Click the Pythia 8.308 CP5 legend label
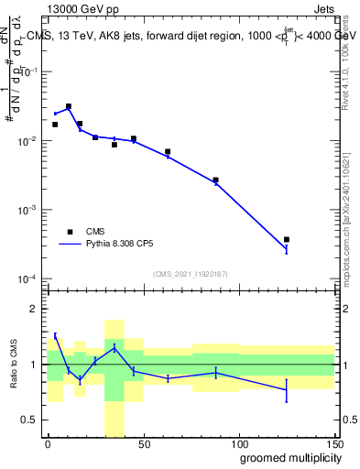pyautogui.click(x=122, y=245)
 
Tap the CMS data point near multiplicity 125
pyautogui.click(x=287, y=240)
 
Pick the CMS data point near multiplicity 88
pyautogui.click(x=215, y=180)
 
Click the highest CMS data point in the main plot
pyautogui.click(x=69, y=106)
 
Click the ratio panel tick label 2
pyautogui.click(x=35, y=309)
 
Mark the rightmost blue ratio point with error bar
pyautogui.click(x=287, y=390)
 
